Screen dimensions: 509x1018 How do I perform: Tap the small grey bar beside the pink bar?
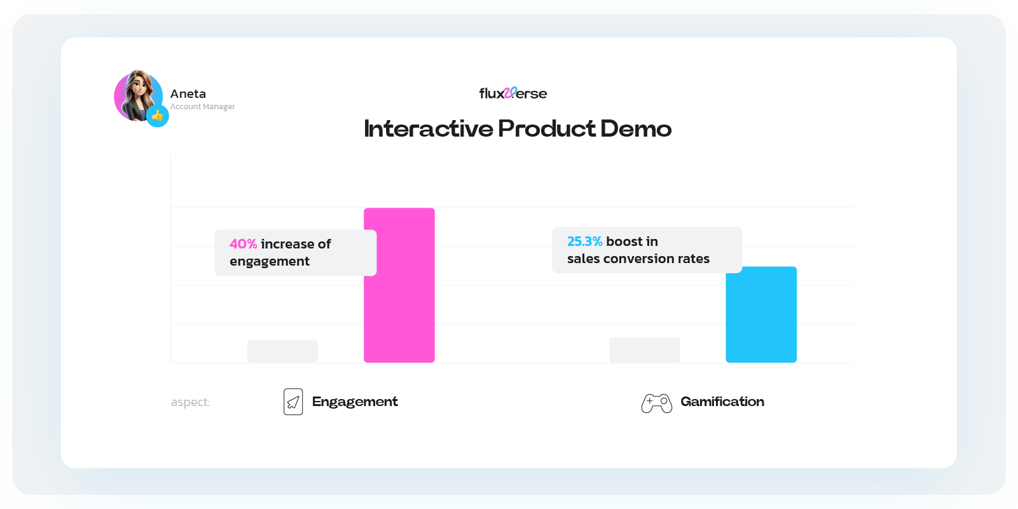pyautogui.click(x=282, y=351)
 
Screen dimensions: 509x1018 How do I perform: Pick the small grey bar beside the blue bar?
pyautogui.click(x=644, y=350)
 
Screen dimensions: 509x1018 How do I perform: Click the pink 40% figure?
pyautogui.click(x=243, y=244)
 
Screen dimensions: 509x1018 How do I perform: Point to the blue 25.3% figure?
pyautogui.click(x=584, y=241)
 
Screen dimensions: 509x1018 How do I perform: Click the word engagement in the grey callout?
pyautogui.click(x=270, y=261)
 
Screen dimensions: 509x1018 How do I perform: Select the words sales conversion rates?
pyautogui.click(x=638, y=259)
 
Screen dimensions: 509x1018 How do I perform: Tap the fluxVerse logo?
pyautogui.click(x=512, y=93)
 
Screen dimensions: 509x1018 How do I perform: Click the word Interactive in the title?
pyautogui.click(x=428, y=129)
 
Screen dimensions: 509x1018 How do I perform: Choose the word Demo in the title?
pyautogui.click(x=635, y=129)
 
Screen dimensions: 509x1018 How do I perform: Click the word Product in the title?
pyautogui.click(x=547, y=129)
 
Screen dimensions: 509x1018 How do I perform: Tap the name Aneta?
pyautogui.click(x=188, y=94)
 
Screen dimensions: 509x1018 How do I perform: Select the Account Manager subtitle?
pyautogui.click(x=202, y=107)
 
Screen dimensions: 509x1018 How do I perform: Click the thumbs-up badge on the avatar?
pyautogui.click(x=157, y=116)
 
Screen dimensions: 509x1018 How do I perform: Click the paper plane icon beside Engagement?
pyautogui.click(x=293, y=402)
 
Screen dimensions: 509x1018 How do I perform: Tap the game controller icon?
pyautogui.click(x=656, y=403)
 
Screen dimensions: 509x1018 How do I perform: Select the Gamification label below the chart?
pyautogui.click(x=722, y=402)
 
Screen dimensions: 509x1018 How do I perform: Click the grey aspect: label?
pyautogui.click(x=190, y=402)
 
